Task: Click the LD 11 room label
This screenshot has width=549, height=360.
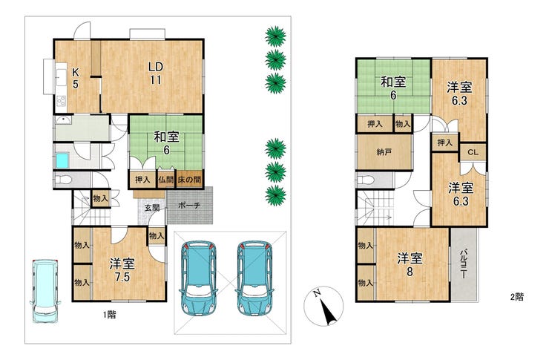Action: coord(156,73)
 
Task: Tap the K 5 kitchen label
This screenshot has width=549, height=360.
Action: coord(75,79)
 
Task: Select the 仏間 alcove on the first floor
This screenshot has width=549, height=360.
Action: coord(166,180)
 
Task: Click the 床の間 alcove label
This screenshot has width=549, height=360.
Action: coord(189,180)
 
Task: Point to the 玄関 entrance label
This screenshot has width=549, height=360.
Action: coord(152,208)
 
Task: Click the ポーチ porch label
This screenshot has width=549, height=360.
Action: coord(189,205)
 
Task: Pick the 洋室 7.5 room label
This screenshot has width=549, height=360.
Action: coord(122,270)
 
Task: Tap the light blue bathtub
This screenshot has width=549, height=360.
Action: coord(62,161)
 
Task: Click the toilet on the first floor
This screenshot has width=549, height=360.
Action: coord(63,180)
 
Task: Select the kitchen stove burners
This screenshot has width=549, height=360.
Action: coord(62,101)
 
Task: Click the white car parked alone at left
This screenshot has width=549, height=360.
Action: coord(45,291)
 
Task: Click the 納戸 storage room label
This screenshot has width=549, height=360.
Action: coord(384,152)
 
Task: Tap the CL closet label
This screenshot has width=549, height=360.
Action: coord(473,152)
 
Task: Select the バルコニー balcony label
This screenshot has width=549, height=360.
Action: coord(464,264)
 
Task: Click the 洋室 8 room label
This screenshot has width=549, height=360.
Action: coord(410,264)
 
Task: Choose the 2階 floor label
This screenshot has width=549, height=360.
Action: coord(517,297)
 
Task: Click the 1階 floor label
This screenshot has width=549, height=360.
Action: coord(109,315)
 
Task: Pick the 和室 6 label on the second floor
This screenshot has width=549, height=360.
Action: coord(393,88)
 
